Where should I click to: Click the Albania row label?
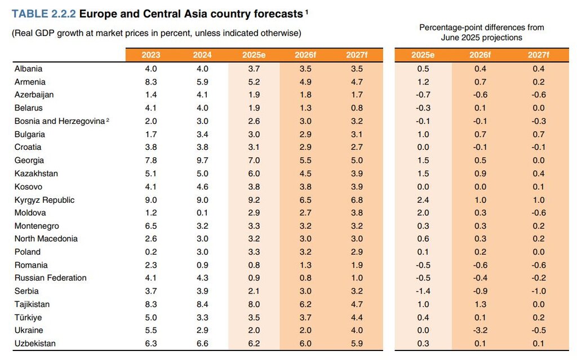pos(28,69)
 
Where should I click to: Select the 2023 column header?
pos(151,55)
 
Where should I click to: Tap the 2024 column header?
pos(202,55)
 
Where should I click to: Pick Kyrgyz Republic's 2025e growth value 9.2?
pos(254,200)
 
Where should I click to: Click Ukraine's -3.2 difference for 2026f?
pos(480,330)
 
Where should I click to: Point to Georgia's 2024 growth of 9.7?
pos(202,161)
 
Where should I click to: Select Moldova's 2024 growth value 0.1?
pos(202,213)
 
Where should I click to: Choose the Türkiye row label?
pos(28,318)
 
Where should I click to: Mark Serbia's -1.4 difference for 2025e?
pos(423,291)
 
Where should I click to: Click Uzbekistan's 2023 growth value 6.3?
pos(151,343)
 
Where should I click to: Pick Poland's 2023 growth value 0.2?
pos(151,252)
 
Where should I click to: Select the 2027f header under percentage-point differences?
pos(539,55)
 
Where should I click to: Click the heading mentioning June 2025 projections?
pos(482,33)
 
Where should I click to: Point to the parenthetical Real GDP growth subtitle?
pos(157,33)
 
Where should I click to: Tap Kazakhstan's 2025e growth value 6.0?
pos(254,174)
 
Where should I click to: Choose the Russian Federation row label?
pos(51,278)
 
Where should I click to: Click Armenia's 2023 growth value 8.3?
pos(151,82)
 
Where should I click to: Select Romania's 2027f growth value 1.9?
pos(357,265)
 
